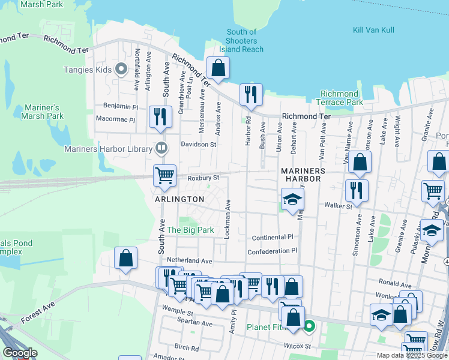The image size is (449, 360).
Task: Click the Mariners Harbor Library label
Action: pyautogui.click(x=112, y=149)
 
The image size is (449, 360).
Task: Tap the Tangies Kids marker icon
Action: pyautogui.click(x=121, y=70)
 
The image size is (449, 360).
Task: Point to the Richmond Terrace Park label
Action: pyautogui.click(x=342, y=98)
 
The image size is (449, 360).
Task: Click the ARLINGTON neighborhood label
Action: pyautogui.click(x=179, y=199)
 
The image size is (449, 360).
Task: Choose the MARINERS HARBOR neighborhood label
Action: pyautogui.click(x=303, y=175)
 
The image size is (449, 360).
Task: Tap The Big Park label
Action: pyautogui.click(x=190, y=230)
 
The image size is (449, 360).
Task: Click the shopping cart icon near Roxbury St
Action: pyautogui.click(x=164, y=175)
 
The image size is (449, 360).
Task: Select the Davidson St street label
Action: pyautogui.click(x=199, y=145)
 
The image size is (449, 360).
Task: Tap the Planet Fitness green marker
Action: pyautogui.click(x=309, y=327)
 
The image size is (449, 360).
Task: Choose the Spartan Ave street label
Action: pyautogui.click(x=196, y=324)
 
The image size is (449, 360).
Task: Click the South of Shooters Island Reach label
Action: pyautogui.click(x=242, y=40)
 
